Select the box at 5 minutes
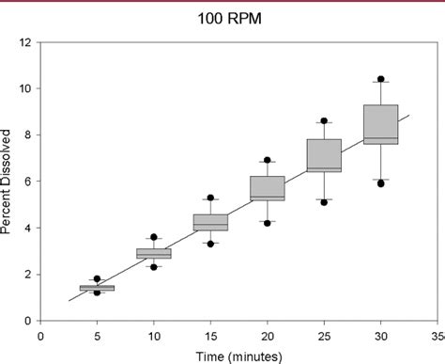point(97,288)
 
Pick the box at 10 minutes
point(154,253)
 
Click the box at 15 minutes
point(210,222)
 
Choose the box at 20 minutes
point(268,188)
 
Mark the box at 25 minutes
point(324,155)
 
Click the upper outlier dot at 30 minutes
point(380,80)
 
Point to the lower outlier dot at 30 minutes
point(380,183)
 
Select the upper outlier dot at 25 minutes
point(324,121)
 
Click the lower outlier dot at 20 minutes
point(268,223)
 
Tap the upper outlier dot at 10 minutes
point(154,237)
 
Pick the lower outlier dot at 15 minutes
point(210,244)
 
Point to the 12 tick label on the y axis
point(26,42)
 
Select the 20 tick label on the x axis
point(268,333)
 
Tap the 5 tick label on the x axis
point(97,333)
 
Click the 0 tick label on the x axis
point(40,333)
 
